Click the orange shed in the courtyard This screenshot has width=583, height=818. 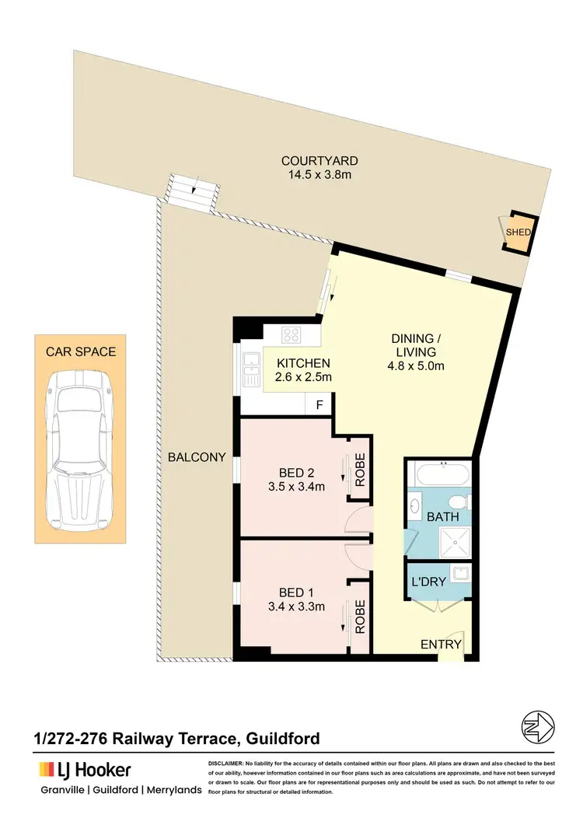518,232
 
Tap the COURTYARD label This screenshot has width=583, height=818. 319,161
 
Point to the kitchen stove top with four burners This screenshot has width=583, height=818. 291,335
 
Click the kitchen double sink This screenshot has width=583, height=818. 251,369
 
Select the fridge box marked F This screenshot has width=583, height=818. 319,404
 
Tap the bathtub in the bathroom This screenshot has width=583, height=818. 441,474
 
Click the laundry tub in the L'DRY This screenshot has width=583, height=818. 459,574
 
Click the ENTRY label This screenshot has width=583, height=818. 441,645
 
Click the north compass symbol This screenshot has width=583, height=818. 537,727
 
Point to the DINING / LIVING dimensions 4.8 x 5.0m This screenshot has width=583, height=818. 416,367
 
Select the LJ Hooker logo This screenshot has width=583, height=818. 85,770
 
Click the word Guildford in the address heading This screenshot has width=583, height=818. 283,737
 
